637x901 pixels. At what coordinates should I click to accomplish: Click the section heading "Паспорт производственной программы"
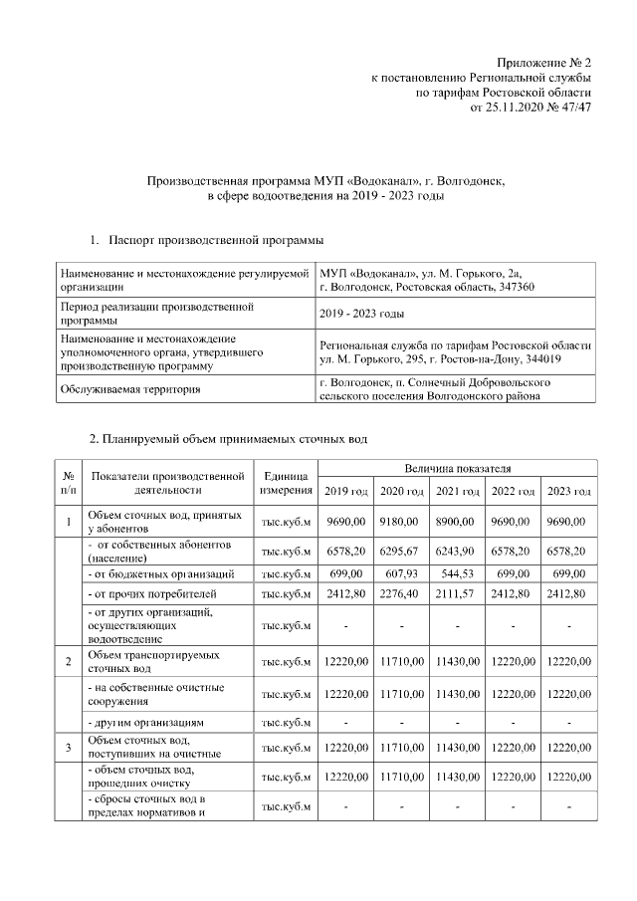[x=215, y=241]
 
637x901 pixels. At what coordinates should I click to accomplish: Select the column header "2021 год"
[x=457, y=492]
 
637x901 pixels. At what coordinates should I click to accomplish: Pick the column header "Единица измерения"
[x=286, y=482]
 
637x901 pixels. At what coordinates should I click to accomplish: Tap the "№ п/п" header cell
[x=68, y=482]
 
